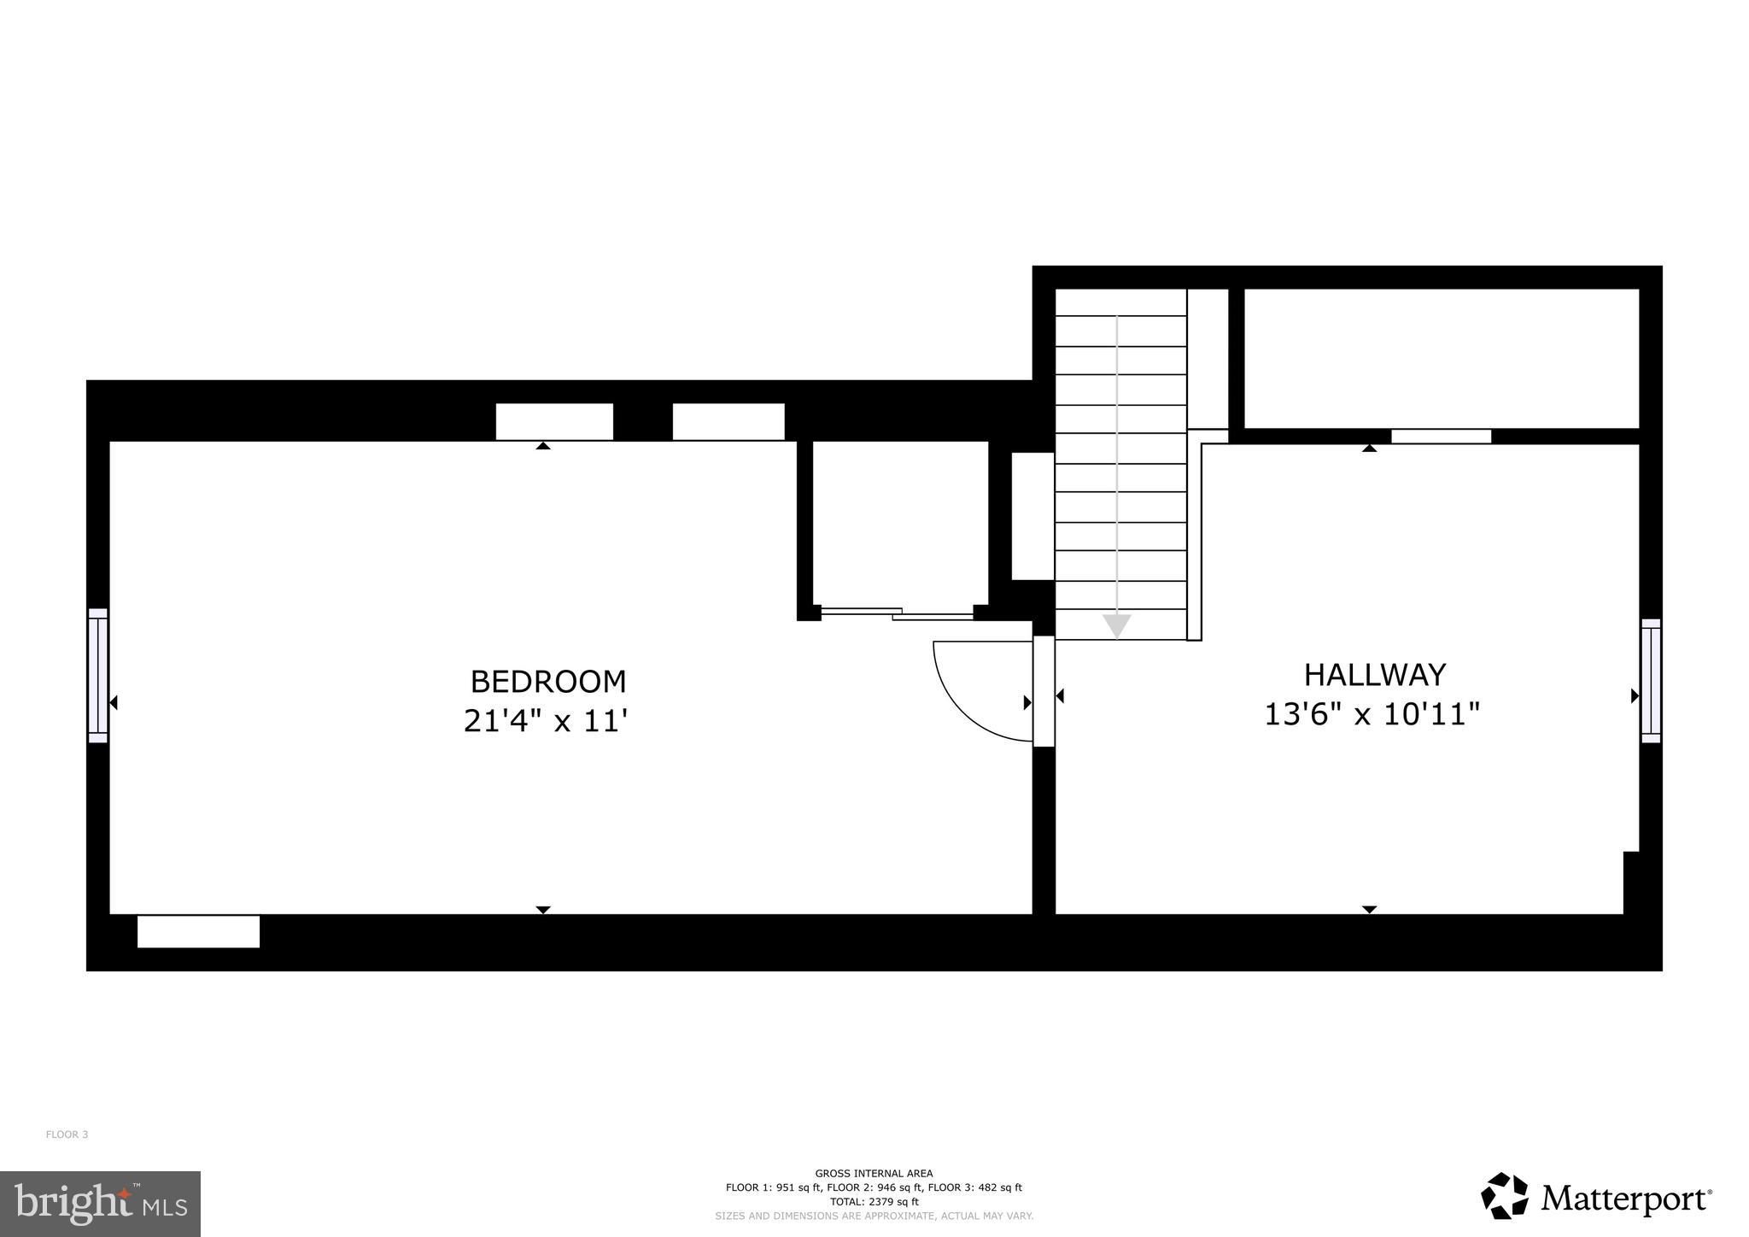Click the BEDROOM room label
pos(548,682)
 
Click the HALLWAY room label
pos(1374,675)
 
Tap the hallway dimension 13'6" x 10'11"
pos(1372,714)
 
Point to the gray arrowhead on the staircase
pos(1116,626)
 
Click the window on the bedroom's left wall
pos(97,675)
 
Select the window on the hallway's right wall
pos(1650,681)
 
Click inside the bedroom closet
pos(899,522)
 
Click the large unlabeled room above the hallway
pos(1441,358)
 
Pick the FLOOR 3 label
pos(67,1134)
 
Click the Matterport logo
pos(1596,1197)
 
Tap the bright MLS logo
pos(100,1204)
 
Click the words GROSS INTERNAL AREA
pos(874,1174)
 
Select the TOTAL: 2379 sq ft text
pos(874,1201)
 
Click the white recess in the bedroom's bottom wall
pos(198,931)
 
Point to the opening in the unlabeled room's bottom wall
pos(1441,437)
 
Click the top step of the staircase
pos(1120,302)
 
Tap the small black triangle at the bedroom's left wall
pos(114,702)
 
